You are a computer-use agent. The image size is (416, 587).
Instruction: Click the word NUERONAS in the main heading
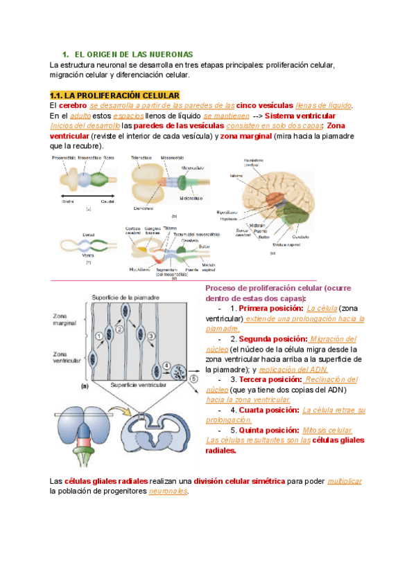pyautogui.click(x=171, y=54)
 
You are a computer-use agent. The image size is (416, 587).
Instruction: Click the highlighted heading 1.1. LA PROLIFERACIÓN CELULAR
pyautogui.click(x=114, y=95)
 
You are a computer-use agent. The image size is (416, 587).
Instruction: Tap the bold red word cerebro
pyautogui.click(x=72, y=105)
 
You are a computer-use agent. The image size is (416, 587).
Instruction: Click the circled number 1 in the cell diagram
pyautogui.click(x=99, y=336)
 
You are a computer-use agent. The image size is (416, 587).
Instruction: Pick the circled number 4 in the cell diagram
pyautogui.click(x=166, y=364)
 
